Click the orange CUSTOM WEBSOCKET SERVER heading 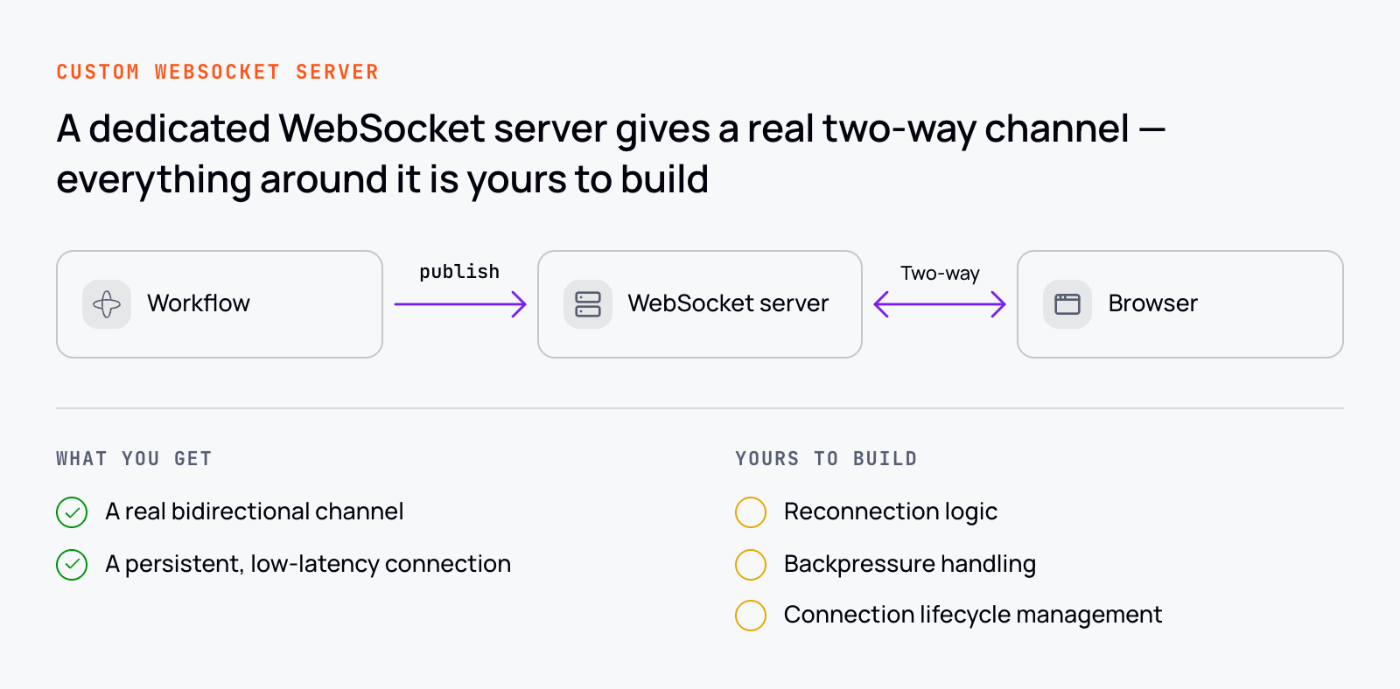[218, 72]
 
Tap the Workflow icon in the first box [107, 304]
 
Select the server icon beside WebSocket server [587, 304]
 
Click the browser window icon [1067, 304]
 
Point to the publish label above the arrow [459, 272]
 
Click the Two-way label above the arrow [940, 273]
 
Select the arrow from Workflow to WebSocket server [460, 304]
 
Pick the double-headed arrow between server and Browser [940, 304]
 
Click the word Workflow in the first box [199, 303]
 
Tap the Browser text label [1153, 303]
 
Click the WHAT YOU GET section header [135, 459]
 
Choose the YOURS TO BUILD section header [826, 459]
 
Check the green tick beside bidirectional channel [72, 512]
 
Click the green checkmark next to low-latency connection [72, 565]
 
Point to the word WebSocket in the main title [381, 128]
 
